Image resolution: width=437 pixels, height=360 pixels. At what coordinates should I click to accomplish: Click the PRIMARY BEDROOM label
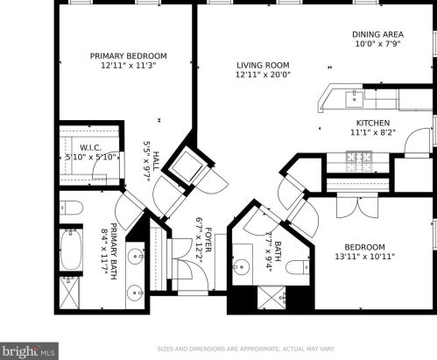[x=128, y=56]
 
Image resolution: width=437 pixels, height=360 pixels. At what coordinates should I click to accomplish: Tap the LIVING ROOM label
[x=262, y=65]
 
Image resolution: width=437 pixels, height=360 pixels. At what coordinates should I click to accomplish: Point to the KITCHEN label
[x=372, y=124]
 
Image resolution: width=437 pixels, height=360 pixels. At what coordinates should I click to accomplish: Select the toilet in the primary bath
[x=73, y=208]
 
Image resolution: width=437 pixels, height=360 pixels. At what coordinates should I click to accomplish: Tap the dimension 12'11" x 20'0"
[x=262, y=75]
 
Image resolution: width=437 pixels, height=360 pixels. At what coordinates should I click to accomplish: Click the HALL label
[x=154, y=162]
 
